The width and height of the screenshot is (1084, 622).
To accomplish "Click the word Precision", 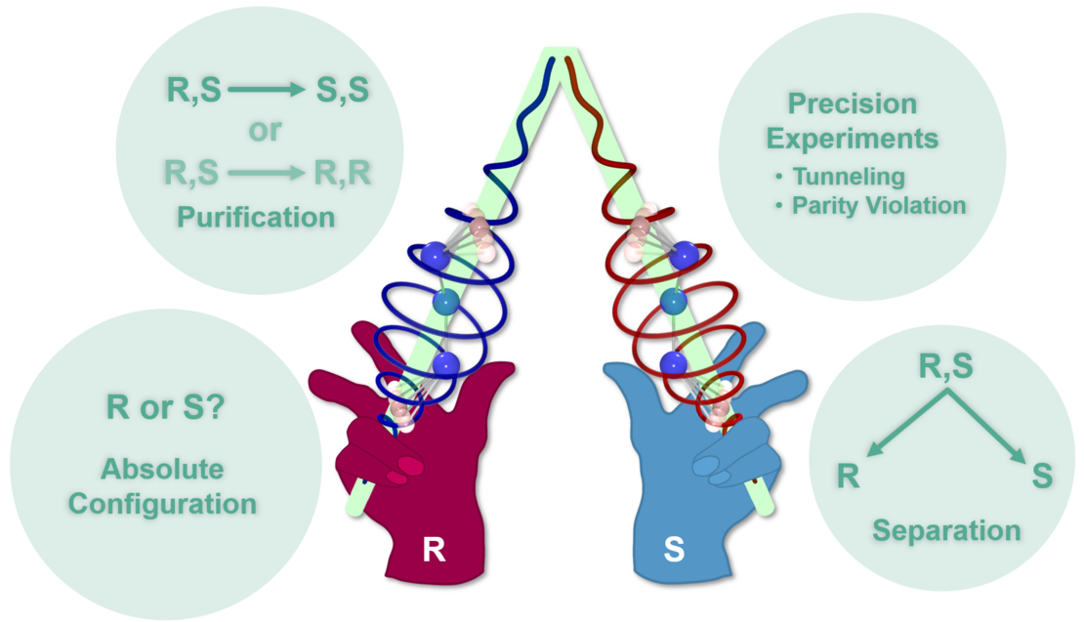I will pos(853,104).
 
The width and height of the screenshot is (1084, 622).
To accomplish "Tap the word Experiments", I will pos(853,138).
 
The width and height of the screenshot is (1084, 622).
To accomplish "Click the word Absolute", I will pos(162,470).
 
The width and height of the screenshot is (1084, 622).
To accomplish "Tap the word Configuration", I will pos(163,504).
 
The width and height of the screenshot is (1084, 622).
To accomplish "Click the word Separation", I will pos(946,531).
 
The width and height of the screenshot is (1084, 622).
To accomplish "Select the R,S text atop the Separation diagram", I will pos(945,366).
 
